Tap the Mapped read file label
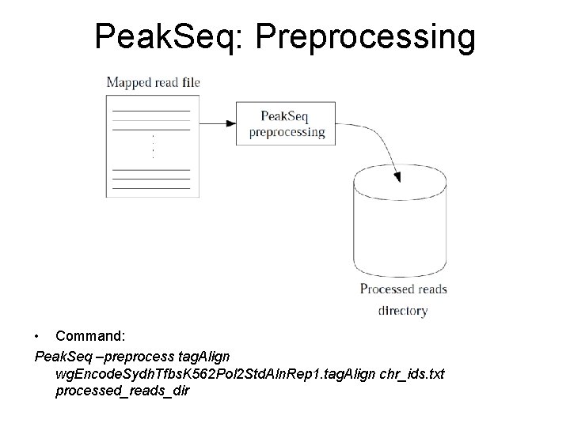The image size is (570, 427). pos(153,81)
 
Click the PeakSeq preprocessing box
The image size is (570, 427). pos(287,123)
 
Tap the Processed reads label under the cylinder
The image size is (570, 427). pos(403,289)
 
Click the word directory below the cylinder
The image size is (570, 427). pos(403,311)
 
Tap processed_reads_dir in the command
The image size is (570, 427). pos(123,391)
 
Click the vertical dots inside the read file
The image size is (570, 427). pos(152,146)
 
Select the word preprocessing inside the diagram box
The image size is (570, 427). pos(287,132)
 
